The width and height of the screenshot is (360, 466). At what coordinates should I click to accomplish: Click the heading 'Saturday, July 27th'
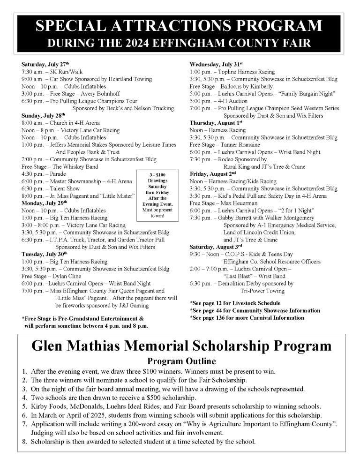point(45,64)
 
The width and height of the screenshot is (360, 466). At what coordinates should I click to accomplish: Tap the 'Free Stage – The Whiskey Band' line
point(60,166)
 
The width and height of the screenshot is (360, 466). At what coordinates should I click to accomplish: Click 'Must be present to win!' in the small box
point(157,213)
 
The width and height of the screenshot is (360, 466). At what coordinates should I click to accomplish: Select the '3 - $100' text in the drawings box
point(157,175)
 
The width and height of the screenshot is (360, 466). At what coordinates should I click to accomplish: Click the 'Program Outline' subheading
point(181,361)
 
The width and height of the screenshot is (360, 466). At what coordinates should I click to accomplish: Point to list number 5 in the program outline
point(24,406)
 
